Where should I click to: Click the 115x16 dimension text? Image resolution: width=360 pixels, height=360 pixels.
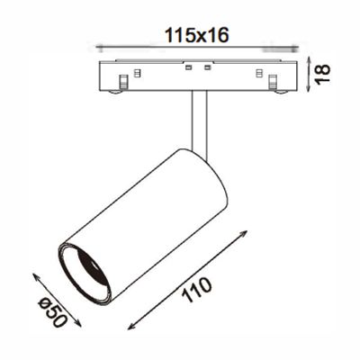click(x=195, y=35)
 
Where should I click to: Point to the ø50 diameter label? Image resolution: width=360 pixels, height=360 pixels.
click(x=54, y=310)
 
